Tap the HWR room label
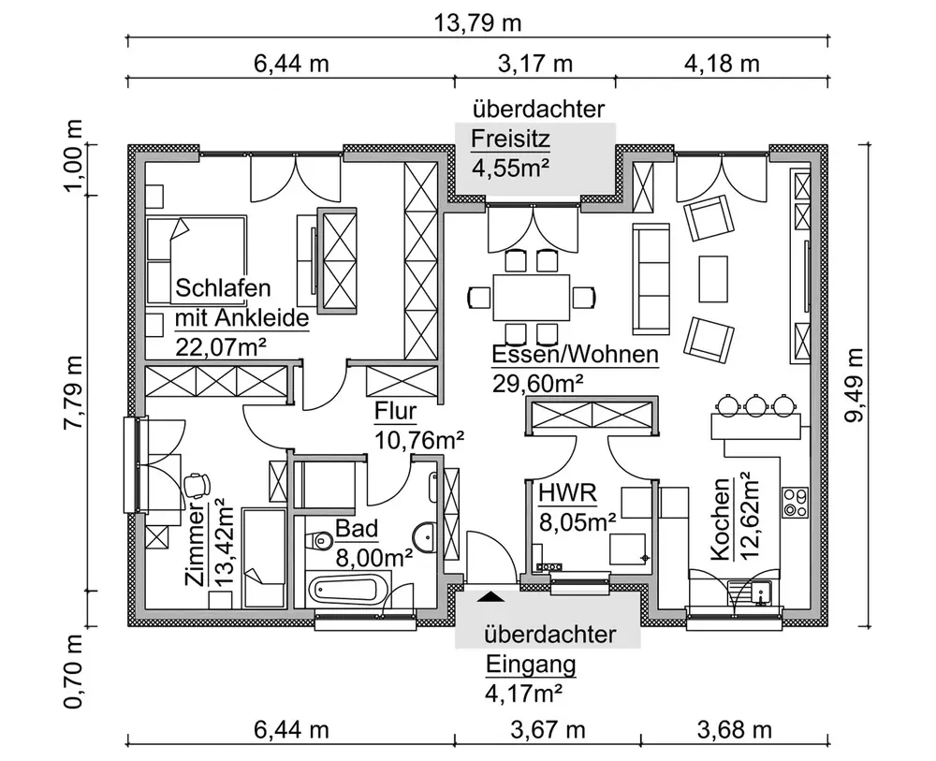pyautogui.click(x=559, y=494)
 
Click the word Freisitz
pyautogui.click(x=510, y=140)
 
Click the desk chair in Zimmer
pyautogui.click(x=197, y=484)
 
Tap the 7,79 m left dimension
pyautogui.click(x=74, y=394)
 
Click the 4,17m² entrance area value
pyautogui.click(x=524, y=694)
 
